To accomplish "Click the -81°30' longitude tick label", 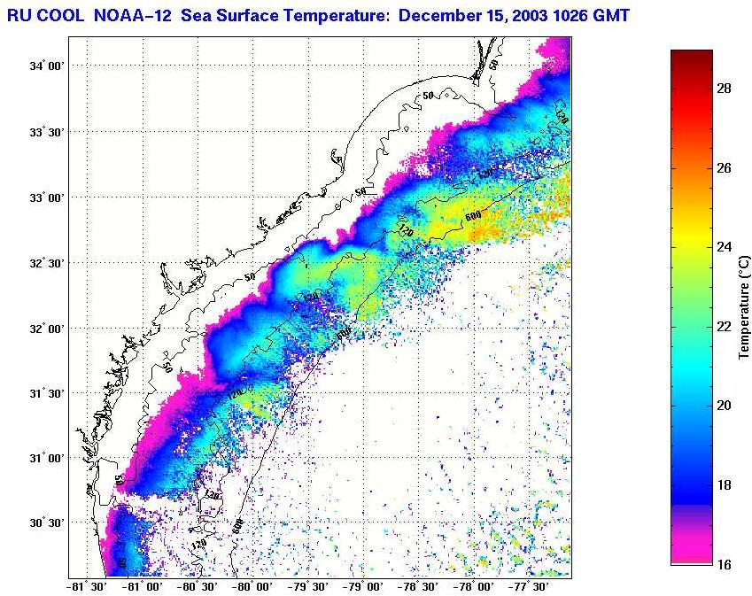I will tap(87, 586).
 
